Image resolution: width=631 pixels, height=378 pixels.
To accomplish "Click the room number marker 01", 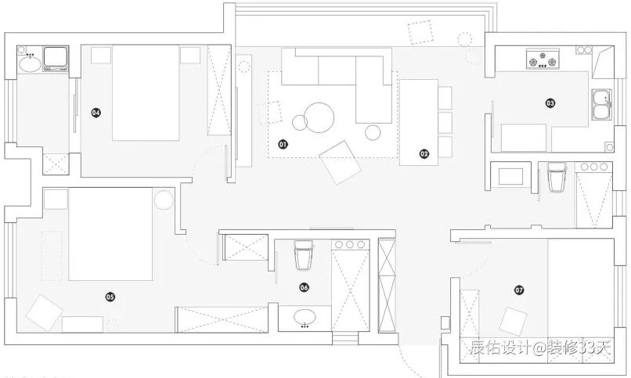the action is (283, 144).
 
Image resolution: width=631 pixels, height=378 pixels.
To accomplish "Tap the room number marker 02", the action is (424, 154).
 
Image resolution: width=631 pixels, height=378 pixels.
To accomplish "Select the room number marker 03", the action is (550, 103).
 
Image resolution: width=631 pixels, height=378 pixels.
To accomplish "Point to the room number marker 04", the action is (96, 113).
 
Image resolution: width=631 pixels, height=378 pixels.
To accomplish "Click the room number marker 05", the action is (110, 297).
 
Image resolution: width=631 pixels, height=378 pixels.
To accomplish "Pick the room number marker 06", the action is (304, 287).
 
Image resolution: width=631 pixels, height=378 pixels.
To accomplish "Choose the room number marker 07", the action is (519, 290).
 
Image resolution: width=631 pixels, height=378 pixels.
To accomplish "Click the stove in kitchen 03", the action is (543, 58).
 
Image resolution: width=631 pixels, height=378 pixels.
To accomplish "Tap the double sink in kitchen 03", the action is (601, 105).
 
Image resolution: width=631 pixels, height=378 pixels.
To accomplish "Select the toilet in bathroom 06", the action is (304, 254).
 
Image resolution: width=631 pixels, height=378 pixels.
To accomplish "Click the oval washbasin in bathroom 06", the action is (305, 318).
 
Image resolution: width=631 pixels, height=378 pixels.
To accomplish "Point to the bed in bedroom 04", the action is (146, 92).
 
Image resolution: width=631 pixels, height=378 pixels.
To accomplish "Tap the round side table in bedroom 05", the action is (163, 200).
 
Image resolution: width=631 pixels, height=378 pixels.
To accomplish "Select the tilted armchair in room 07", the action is (514, 321).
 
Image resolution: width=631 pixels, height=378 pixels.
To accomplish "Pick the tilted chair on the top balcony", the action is (421, 32).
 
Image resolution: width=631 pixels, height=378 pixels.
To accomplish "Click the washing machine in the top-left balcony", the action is (54, 58).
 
